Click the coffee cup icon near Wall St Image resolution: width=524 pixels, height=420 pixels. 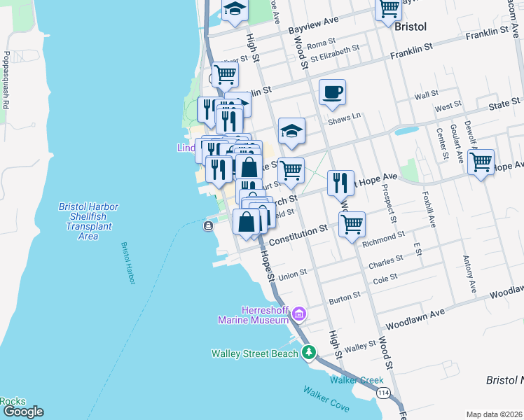click(332, 91)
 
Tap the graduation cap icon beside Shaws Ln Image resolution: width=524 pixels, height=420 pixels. click(291, 130)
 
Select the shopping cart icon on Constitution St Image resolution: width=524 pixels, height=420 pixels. click(352, 224)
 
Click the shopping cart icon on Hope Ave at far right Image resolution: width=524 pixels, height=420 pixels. click(481, 162)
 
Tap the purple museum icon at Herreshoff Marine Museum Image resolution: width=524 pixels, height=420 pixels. click(299, 313)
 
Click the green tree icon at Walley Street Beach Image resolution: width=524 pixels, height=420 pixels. click(308, 353)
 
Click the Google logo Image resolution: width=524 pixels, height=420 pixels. click(22, 412)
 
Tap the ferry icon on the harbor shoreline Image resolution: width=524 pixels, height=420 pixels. click(209, 225)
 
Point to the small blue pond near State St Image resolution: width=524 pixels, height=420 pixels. click(405, 130)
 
